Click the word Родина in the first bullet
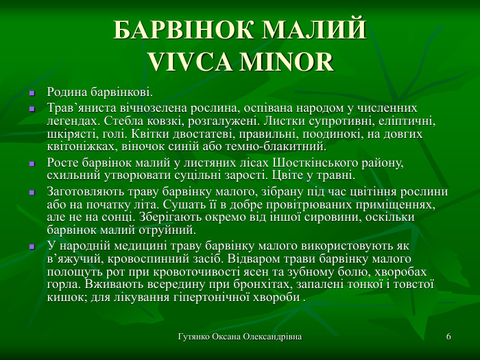coord(67,92)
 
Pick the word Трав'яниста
coord(80,108)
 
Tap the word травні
coord(335,176)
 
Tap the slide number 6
coord(448,337)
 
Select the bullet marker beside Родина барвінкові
coord(32,93)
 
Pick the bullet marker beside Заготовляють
coord(32,192)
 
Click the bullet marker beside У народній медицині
coord(32,245)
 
